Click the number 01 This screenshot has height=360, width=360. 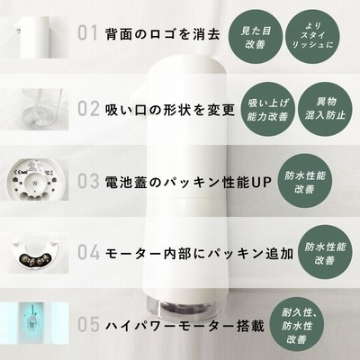[x=88, y=33]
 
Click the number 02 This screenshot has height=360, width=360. [x=88, y=109]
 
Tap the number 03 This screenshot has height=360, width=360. [x=88, y=181]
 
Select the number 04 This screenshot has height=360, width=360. [x=89, y=252]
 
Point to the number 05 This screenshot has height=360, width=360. [x=88, y=325]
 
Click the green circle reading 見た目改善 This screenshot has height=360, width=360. [x=256, y=37]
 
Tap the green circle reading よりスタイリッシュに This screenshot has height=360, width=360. [x=313, y=37]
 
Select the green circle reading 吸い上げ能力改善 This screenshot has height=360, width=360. [x=267, y=109]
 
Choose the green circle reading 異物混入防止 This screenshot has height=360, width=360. [x=325, y=109]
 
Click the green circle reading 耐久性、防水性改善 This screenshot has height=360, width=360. [x=297, y=325]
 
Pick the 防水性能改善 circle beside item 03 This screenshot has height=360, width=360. [x=305, y=181]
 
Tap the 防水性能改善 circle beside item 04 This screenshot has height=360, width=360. [x=325, y=253]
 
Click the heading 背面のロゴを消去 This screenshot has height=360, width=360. [x=163, y=34]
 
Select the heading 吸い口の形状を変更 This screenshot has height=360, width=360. [x=170, y=110]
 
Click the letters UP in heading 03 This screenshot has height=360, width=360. [x=261, y=182]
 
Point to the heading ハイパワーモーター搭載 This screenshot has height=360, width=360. [x=184, y=326]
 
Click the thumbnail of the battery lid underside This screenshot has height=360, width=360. [x=36, y=180]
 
